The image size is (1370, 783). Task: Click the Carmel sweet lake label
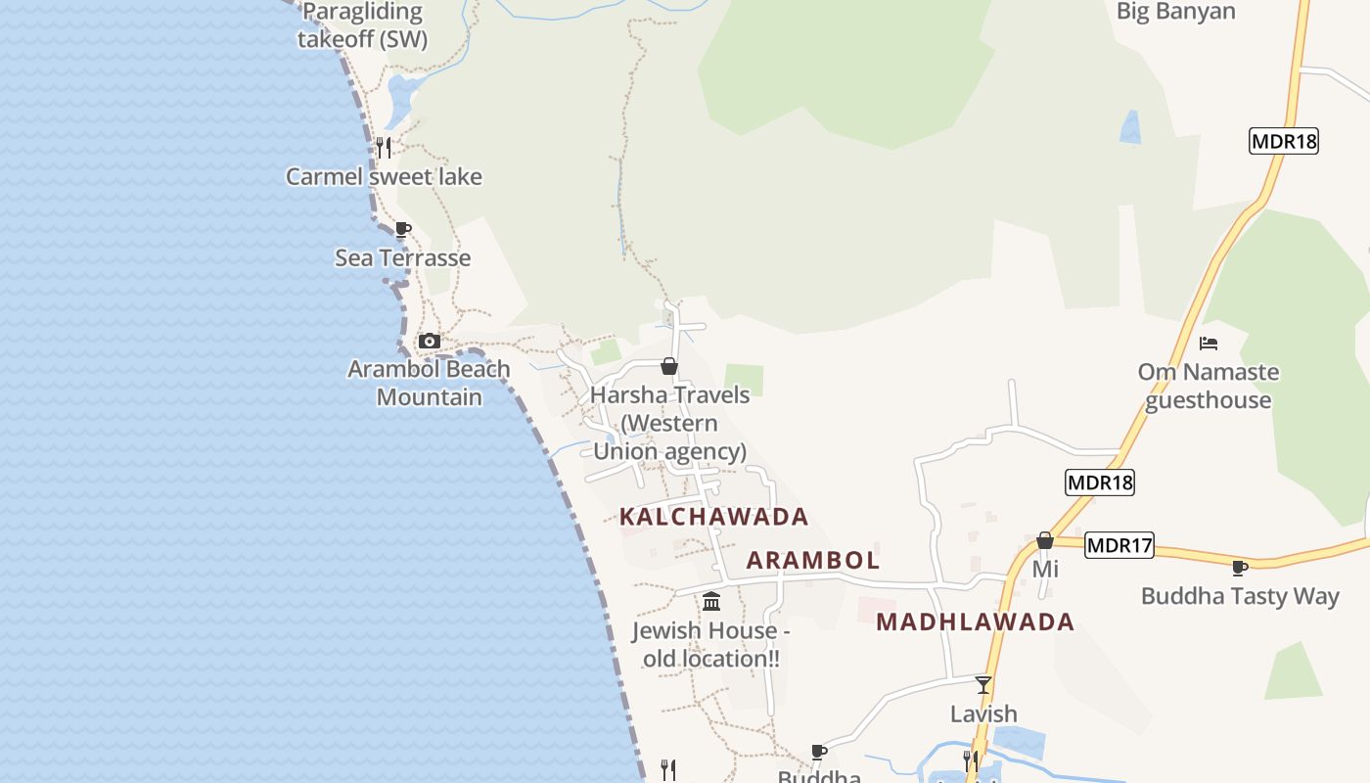pos(384,177)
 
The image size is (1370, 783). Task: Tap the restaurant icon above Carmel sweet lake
pos(384,148)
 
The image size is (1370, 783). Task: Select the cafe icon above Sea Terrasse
pos(402,230)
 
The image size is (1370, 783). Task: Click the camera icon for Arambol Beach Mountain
pos(429,342)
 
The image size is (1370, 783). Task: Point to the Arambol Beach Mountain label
pos(429,383)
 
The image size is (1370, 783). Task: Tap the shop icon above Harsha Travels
pos(669,366)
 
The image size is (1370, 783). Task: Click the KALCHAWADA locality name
pos(714,517)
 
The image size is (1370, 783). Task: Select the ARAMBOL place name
pos(813,561)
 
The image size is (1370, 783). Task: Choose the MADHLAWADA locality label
pos(975,622)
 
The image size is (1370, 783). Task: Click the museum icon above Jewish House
pos(711,601)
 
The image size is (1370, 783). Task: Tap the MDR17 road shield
pos(1119,545)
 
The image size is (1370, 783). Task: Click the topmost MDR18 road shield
pos(1284,141)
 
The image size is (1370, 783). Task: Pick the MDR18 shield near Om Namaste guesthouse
pos(1099,483)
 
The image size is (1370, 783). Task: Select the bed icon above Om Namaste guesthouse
pos(1209,344)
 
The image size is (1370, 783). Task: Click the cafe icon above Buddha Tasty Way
pos(1240,568)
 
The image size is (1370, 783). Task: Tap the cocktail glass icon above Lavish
pos(983,684)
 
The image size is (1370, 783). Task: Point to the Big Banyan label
pos(1175,12)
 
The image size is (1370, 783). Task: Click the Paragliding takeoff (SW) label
pos(363,25)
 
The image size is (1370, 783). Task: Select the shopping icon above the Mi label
pos(1045,540)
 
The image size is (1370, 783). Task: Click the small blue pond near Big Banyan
pos(1130,127)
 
